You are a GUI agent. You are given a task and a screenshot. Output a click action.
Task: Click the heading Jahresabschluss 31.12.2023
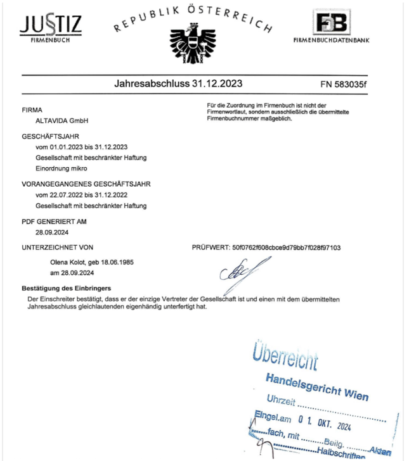178,83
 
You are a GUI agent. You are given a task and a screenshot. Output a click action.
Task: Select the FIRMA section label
32,110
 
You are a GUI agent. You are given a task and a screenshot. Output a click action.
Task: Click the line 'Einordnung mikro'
62,168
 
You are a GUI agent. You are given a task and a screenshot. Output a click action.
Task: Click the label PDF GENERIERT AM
54,222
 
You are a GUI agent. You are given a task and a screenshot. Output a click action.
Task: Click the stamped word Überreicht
284,357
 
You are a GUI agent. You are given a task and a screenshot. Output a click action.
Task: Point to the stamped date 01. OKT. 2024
330,420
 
